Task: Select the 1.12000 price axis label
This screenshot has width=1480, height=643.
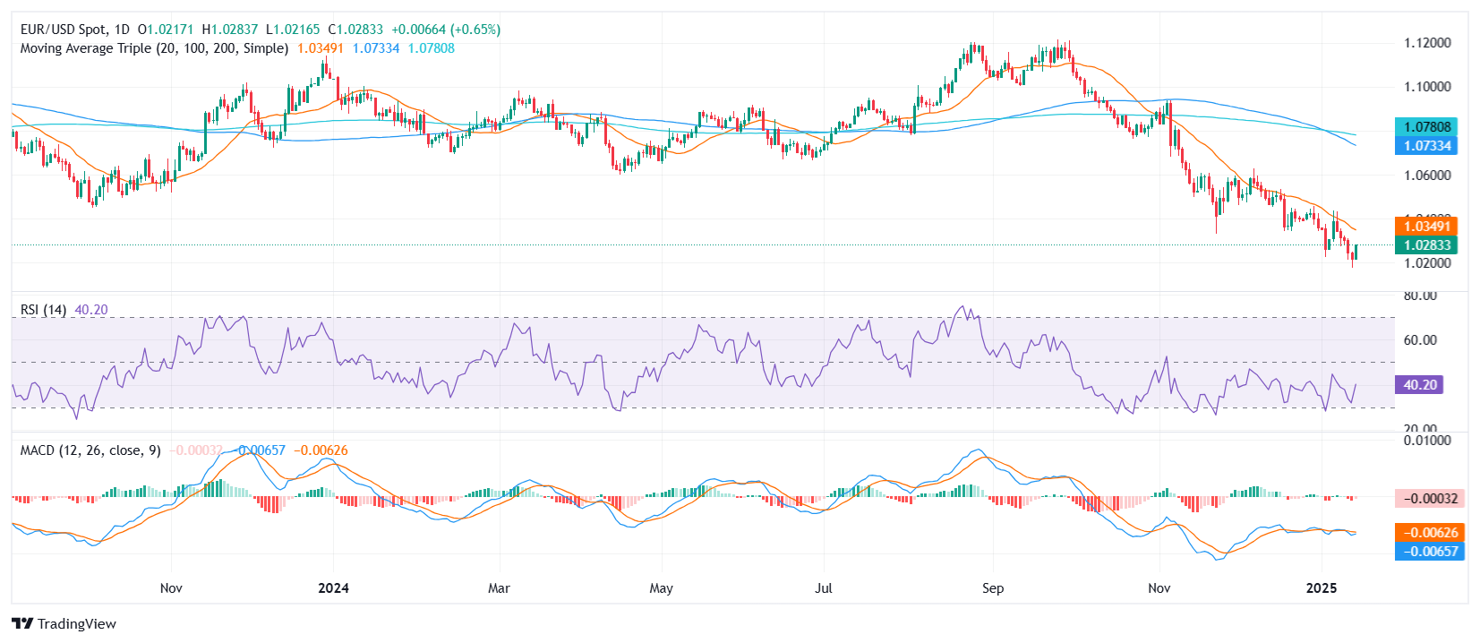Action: pyautogui.click(x=1427, y=43)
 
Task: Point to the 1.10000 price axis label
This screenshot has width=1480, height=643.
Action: pyautogui.click(x=1427, y=87)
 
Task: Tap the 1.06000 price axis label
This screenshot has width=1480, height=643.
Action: pyautogui.click(x=1427, y=176)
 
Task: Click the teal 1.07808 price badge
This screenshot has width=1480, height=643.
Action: pyautogui.click(x=1426, y=127)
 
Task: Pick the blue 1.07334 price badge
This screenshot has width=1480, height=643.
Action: pyautogui.click(x=1426, y=146)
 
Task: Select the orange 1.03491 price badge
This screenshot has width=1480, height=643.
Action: pyautogui.click(x=1426, y=227)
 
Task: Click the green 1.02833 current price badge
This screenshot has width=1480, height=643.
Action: pyautogui.click(x=1426, y=245)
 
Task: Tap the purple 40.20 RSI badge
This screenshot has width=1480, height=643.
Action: pyautogui.click(x=1420, y=385)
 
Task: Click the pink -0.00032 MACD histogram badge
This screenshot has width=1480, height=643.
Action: pyautogui.click(x=1430, y=499)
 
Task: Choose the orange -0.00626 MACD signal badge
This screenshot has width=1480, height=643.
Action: pyautogui.click(x=1430, y=533)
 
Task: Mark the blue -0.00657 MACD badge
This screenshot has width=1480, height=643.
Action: pyautogui.click(x=1430, y=552)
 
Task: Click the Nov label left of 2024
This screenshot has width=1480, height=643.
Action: pyautogui.click(x=171, y=588)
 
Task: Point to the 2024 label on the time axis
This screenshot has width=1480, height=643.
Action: pyautogui.click(x=334, y=588)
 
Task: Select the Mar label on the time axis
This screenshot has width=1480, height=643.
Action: pyautogui.click(x=499, y=588)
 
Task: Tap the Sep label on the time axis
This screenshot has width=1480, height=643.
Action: pyautogui.click(x=993, y=588)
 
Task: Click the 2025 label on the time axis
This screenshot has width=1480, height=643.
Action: pyautogui.click(x=1322, y=588)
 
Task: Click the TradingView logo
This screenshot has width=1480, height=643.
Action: pyautogui.click(x=64, y=624)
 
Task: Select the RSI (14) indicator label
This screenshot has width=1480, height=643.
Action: pyautogui.click(x=43, y=310)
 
